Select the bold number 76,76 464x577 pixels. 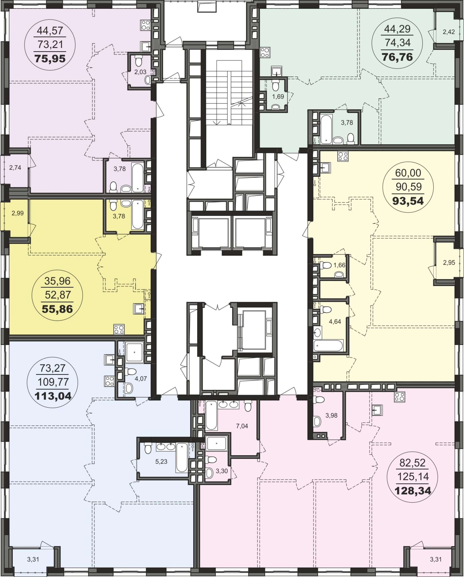tap(397, 57)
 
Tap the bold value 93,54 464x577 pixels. tap(408, 201)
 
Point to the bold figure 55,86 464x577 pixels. tap(57, 309)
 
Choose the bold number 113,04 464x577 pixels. tap(53, 396)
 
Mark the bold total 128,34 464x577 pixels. tap(413, 490)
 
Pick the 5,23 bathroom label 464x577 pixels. tap(161, 461)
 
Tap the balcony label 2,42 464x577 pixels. tap(449, 32)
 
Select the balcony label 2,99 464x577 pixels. tap(17, 213)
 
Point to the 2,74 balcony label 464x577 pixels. tap(15, 168)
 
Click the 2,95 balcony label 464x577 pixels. tap(449, 263)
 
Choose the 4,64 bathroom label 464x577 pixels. tap(335, 322)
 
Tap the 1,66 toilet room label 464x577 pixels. tap(339, 265)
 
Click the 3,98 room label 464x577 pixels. tap(331, 415)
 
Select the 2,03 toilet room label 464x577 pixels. tap(140, 72)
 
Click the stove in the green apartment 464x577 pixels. tap(265, 52)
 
